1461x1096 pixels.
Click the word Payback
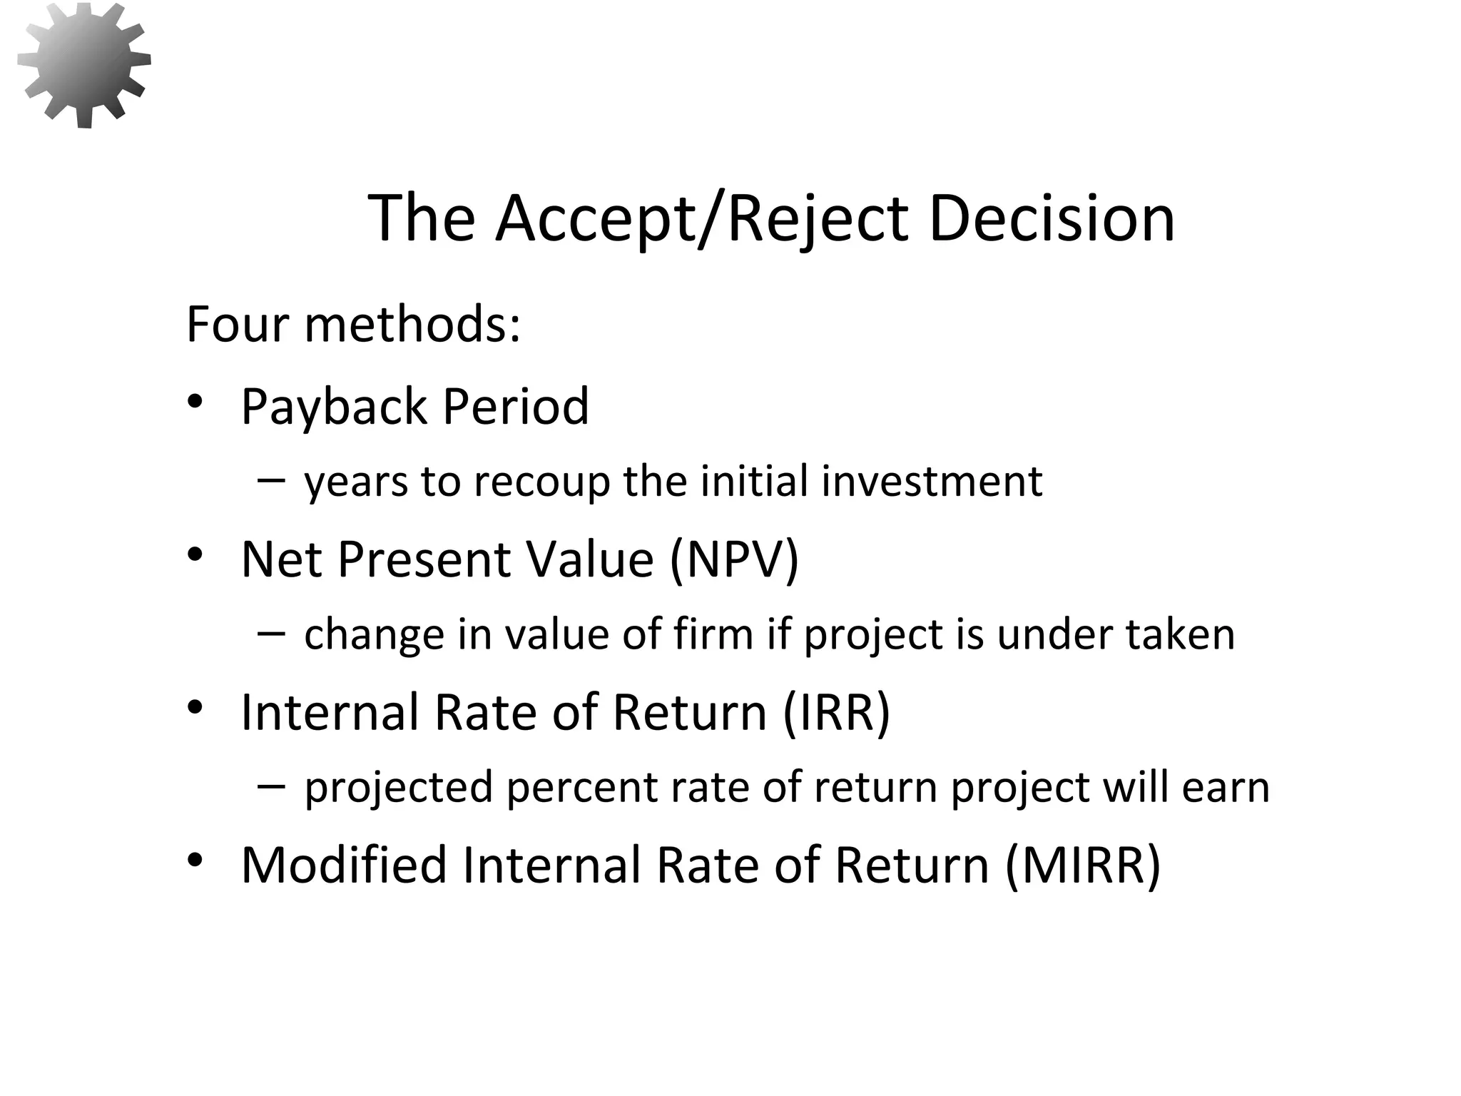pyautogui.click(x=334, y=407)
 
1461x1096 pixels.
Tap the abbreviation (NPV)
pyautogui.click(x=734, y=559)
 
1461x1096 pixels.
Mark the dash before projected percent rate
pyautogui.click(x=271, y=786)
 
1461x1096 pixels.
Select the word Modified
pyautogui.click(x=344, y=865)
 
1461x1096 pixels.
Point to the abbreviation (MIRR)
pyautogui.click(x=1082, y=865)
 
